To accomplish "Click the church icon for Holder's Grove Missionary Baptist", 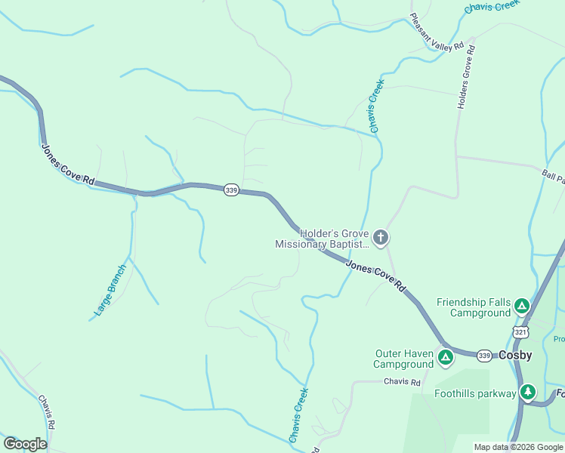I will tap(381, 239).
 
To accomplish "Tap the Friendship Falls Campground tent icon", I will tap(521, 307).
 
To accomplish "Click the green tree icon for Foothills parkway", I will tap(527, 392).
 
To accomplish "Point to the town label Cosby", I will tap(515, 355).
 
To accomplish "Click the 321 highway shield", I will tap(520, 332).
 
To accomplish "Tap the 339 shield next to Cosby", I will tap(484, 355).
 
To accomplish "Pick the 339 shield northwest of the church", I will tap(231, 191).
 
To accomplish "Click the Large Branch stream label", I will tap(110, 290).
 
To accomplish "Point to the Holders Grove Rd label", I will tap(466, 78).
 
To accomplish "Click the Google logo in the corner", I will tap(25, 444).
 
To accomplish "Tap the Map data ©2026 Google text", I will tap(518, 447).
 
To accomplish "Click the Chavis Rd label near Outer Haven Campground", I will tap(401, 382).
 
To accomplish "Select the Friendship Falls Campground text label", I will tap(474, 307).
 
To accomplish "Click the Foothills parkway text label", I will tap(475, 393).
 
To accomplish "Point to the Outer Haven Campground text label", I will tap(404, 359).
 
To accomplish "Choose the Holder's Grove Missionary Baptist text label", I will tap(323, 239).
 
